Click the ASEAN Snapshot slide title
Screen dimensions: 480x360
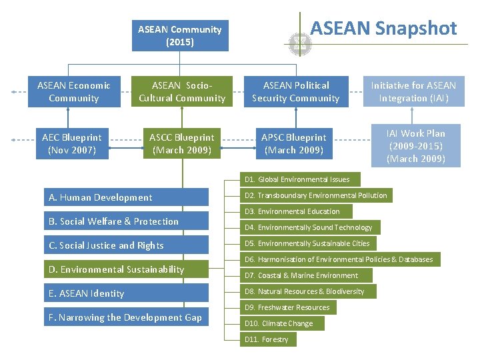tap(383, 28)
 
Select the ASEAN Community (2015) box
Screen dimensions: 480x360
tap(180, 36)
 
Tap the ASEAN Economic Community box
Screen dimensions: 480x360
tap(74, 92)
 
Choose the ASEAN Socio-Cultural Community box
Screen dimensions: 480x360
tap(182, 92)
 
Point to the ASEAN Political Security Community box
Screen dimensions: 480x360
tap(295, 92)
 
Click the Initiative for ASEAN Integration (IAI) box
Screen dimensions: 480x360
tap(413, 92)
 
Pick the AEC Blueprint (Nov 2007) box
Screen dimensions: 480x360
tap(72, 144)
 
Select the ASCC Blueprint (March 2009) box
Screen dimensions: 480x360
tap(182, 144)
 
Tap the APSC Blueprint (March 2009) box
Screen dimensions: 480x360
tap(294, 144)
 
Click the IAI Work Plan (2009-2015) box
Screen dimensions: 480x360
tap(415, 146)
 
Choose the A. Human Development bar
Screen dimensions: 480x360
tap(126, 197)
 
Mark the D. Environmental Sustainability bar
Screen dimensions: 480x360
tap(126, 269)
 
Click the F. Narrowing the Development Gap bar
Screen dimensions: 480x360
tap(126, 317)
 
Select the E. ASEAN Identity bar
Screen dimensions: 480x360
tap(126, 293)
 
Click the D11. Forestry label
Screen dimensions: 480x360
tap(268, 339)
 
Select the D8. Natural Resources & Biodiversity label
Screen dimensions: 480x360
tap(309, 291)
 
